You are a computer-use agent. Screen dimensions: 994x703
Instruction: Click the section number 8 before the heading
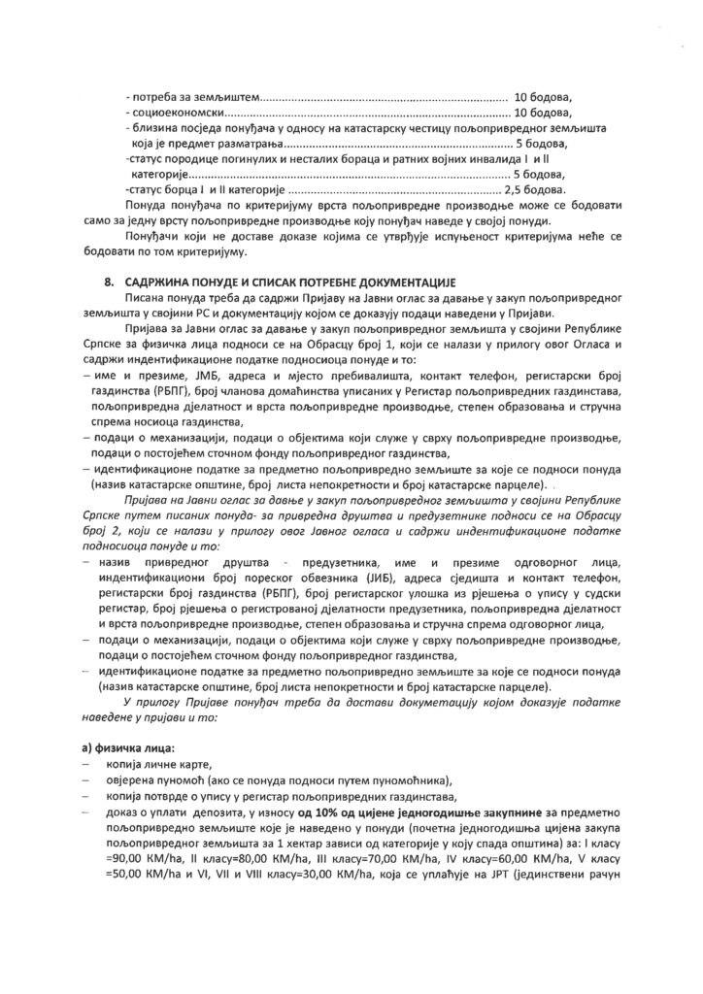(x=108, y=281)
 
